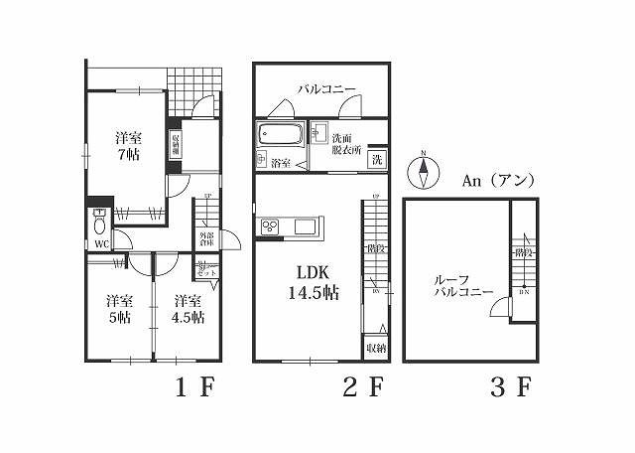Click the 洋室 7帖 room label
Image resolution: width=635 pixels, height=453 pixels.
click(126, 146)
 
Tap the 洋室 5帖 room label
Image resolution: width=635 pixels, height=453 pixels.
click(120, 309)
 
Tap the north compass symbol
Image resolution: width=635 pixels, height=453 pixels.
click(425, 171)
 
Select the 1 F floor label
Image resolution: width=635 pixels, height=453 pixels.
click(195, 387)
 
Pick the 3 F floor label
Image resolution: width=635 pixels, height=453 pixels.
click(511, 387)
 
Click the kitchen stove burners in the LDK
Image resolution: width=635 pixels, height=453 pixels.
click(270, 228)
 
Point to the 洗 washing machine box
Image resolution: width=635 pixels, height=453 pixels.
click(378, 160)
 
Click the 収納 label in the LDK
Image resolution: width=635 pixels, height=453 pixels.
click(375, 348)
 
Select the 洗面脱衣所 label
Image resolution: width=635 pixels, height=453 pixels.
click(345, 145)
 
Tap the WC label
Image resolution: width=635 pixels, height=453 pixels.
click(101, 244)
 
